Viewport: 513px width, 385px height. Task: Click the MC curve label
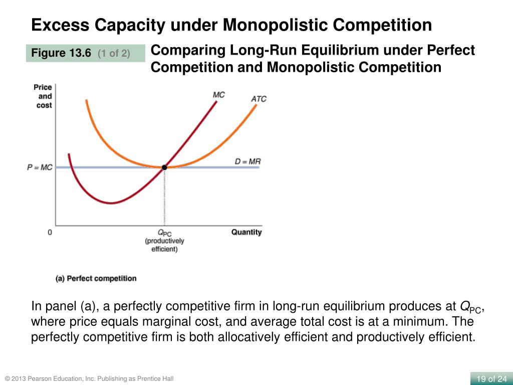[x=218, y=95]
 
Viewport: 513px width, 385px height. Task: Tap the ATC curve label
[x=259, y=99]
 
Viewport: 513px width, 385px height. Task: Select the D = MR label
[x=247, y=161]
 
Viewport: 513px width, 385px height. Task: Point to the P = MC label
[x=40, y=167]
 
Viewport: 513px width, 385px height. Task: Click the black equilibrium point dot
[x=164, y=167]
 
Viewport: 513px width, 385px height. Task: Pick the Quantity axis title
[x=246, y=232]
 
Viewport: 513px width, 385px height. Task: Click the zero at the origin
[x=50, y=233]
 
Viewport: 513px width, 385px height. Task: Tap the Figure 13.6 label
[x=61, y=53]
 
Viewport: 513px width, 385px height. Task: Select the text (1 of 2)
[x=114, y=53]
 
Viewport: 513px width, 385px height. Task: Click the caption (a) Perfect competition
[x=96, y=278]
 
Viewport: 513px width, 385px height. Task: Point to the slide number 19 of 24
[x=491, y=378]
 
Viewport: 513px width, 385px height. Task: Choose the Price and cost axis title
[x=44, y=96]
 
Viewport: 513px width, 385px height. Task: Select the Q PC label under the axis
[x=164, y=233]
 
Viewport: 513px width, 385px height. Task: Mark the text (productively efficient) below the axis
[x=164, y=245]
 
